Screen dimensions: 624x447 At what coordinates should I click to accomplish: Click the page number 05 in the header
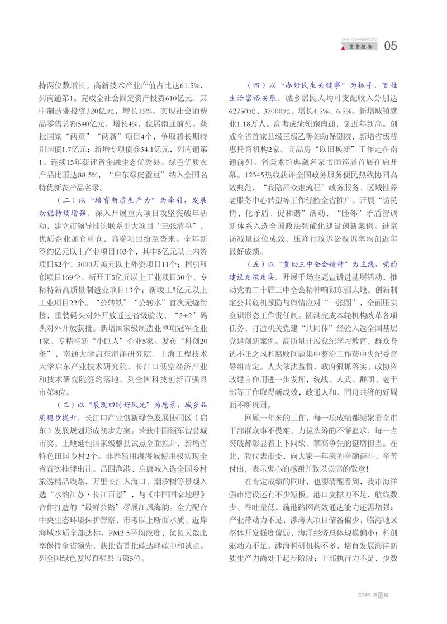pos(391,46)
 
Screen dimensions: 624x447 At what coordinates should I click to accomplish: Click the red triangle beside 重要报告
pos(343,49)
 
